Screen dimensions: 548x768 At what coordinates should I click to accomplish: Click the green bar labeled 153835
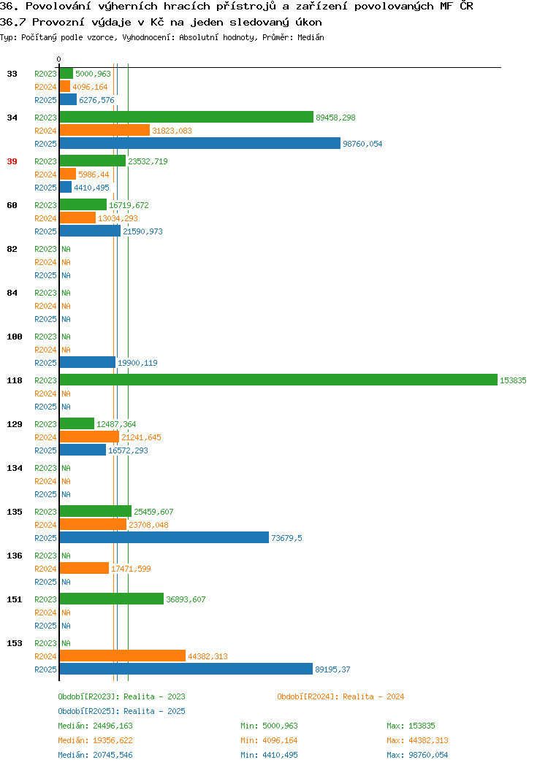[x=278, y=380]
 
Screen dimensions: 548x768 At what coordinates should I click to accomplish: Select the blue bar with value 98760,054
[x=200, y=144]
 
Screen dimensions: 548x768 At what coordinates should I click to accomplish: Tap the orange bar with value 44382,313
[x=123, y=656]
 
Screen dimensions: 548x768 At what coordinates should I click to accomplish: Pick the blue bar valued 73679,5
[x=164, y=538]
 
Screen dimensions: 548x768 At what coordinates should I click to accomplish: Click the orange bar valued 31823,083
[x=105, y=130]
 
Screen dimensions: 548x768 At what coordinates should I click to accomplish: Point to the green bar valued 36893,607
[x=112, y=599]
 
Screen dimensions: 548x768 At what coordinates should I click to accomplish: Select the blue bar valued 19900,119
[x=88, y=362]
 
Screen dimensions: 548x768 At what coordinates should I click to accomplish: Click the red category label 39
[x=12, y=161]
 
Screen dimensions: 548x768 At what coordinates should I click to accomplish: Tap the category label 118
[x=15, y=380]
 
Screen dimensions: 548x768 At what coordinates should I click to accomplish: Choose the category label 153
[x=15, y=643]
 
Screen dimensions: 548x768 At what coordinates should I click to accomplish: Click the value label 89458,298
[x=336, y=118]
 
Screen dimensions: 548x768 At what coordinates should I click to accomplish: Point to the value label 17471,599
[x=131, y=569]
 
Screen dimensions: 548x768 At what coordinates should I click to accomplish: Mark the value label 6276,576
[x=96, y=100]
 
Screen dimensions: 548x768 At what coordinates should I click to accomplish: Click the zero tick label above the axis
[x=59, y=59]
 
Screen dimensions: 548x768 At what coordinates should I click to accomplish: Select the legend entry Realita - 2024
[x=340, y=696]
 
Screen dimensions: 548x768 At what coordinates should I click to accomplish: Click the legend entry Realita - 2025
[x=121, y=711]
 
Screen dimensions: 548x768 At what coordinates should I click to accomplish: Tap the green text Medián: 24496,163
[x=95, y=726]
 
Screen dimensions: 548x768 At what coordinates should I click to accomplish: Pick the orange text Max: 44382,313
[x=417, y=740]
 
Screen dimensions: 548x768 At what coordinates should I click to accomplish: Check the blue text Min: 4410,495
[x=269, y=755]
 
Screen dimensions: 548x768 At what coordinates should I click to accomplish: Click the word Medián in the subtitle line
[x=311, y=37]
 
